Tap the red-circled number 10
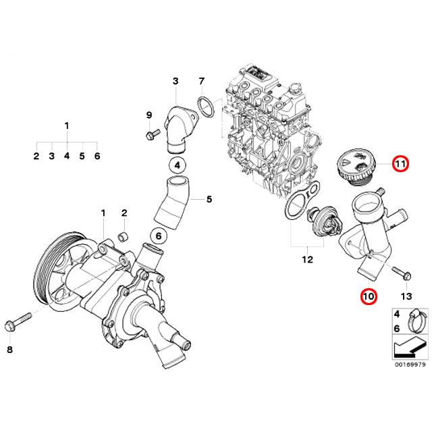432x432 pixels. tap(368, 296)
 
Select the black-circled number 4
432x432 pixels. tap(175, 165)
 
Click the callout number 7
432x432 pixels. tap(200, 82)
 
